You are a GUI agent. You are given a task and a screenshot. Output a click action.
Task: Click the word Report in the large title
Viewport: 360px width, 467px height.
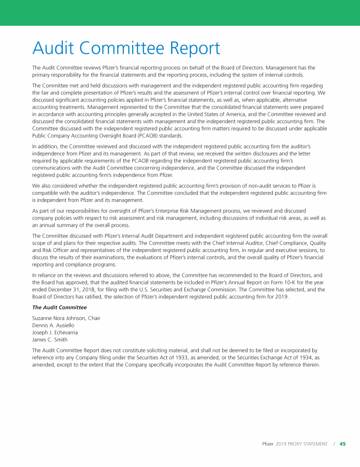(x=189, y=48)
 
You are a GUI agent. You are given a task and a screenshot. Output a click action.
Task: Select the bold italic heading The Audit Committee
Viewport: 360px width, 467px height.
(x=59, y=307)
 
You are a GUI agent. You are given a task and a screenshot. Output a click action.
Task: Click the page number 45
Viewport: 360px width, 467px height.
(x=343, y=444)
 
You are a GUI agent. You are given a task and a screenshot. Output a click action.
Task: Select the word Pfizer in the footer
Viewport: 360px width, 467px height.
(x=267, y=444)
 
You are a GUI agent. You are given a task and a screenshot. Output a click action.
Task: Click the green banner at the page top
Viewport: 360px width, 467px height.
(x=180, y=13)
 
